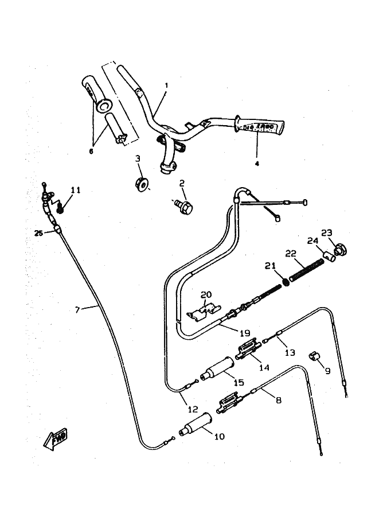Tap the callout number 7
77,309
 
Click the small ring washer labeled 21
284,283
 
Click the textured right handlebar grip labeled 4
263,126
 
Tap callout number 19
245,332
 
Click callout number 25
38,232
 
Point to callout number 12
193,409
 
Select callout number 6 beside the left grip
90,151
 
